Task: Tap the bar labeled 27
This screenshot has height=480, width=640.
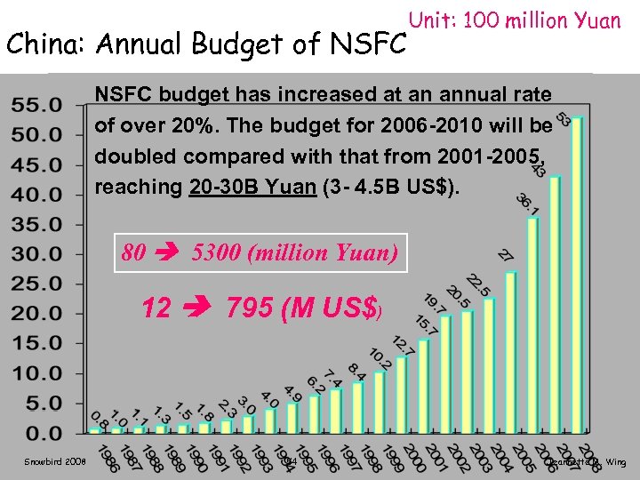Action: click(x=511, y=351)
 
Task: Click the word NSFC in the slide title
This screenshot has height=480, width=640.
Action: click(x=366, y=43)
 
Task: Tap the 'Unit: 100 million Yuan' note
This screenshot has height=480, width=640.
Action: click(x=514, y=20)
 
